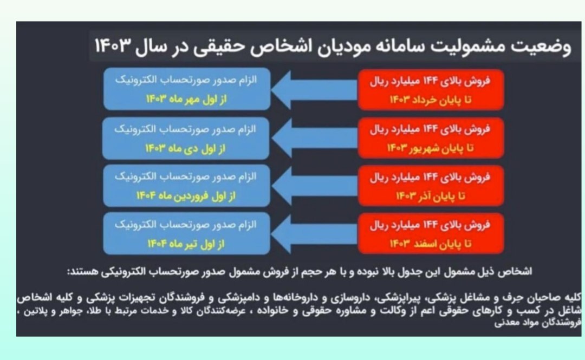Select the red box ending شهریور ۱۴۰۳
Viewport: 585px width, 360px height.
(431, 138)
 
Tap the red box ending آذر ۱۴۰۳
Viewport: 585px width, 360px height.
(431, 186)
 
